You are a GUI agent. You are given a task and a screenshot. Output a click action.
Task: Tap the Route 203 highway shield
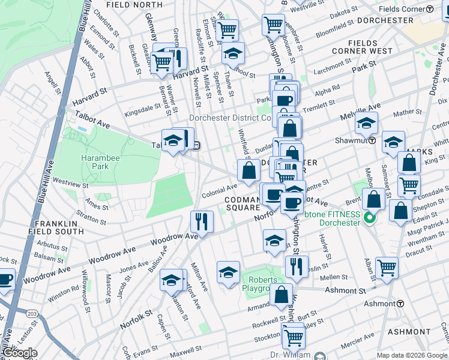(x=32, y=313)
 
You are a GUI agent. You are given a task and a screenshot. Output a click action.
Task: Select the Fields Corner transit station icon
(x=429, y=10)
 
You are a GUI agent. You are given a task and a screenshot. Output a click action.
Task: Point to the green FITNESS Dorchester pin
(x=370, y=220)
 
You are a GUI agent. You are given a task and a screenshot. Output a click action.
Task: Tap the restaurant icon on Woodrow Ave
(x=202, y=221)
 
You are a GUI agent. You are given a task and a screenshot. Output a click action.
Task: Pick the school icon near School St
(x=233, y=53)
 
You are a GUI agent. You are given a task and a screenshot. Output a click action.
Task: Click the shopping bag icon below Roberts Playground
(x=281, y=295)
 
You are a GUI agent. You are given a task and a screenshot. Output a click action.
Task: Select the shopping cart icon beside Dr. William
(x=293, y=335)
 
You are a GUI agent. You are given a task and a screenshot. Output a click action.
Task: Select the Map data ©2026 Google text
(x=412, y=355)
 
